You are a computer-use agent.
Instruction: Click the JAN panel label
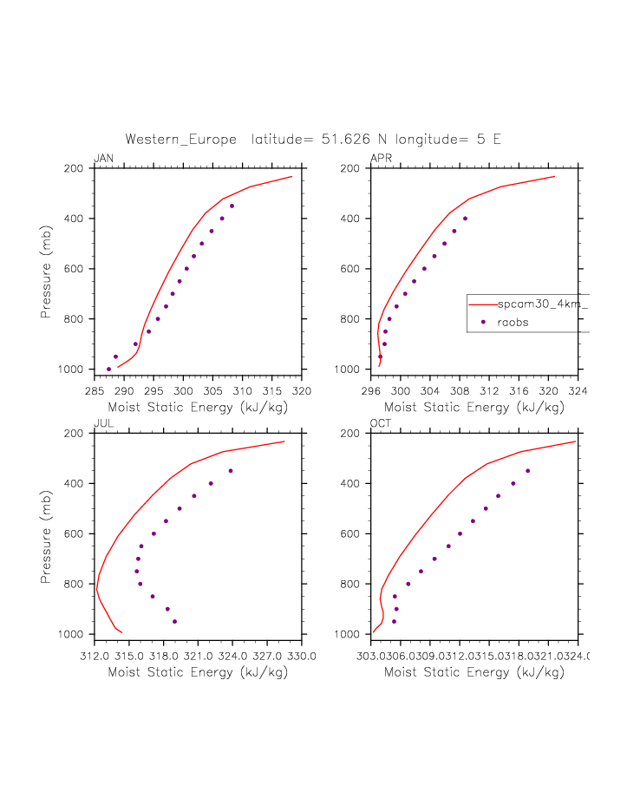103,158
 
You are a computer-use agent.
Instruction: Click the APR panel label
381,158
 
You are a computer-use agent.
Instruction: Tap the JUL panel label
102,423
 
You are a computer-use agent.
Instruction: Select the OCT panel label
381,423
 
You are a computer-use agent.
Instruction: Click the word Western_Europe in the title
183,139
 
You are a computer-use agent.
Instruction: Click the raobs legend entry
513,322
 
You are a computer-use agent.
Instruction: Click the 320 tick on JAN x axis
302,391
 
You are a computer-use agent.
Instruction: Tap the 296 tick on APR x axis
371,391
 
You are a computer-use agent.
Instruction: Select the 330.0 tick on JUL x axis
302,657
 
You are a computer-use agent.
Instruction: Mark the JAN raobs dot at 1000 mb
108,370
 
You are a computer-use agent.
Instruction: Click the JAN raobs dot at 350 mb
232,206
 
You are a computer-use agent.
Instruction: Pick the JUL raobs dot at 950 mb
174,621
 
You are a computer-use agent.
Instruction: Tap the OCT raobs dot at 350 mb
527,471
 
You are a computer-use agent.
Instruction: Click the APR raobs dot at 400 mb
465,219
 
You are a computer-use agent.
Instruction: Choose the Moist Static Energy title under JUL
198,672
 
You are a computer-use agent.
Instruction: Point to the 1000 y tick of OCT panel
352,635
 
